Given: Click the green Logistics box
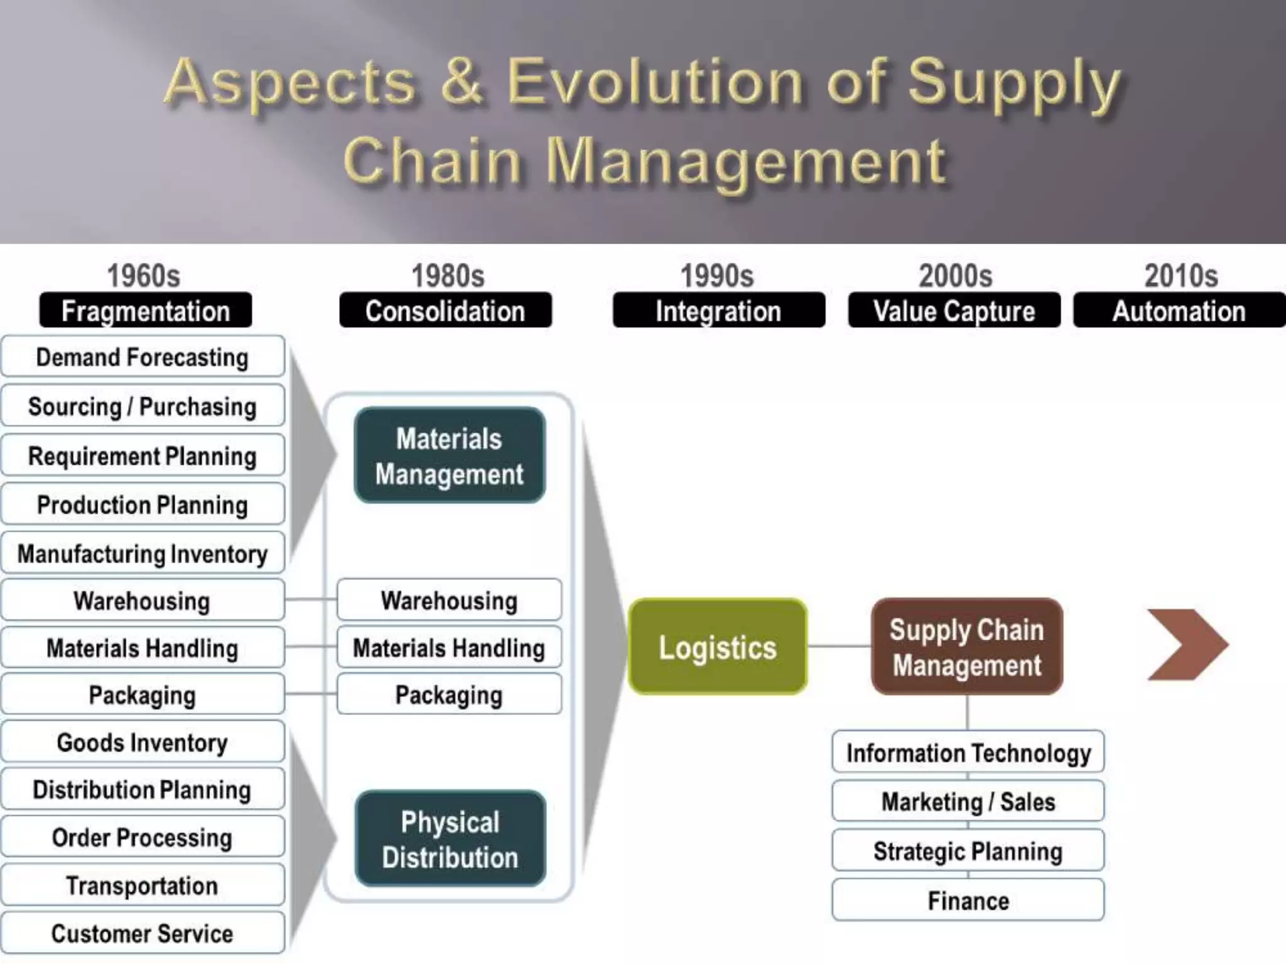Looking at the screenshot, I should coord(718,646).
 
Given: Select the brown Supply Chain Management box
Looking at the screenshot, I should coord(967,646).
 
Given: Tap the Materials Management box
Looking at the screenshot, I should coord(450,456).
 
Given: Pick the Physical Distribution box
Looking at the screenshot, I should coord(450,839).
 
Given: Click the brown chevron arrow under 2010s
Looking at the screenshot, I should coord(1186,645).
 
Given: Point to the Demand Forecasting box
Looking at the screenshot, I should coord(143,356).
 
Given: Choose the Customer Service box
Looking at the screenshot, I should coord(143,933).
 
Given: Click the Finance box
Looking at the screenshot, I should coord(968,901).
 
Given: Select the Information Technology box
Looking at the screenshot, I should coord(968,752).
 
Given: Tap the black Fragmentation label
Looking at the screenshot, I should coord(146,311).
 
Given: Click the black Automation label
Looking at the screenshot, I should coord(1179,311).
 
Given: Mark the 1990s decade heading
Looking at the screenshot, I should coord(716,276).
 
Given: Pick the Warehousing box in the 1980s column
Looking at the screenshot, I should coord(450,600).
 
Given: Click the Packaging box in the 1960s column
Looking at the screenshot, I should coord(143,695).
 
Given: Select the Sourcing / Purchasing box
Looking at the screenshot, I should coord(143,406).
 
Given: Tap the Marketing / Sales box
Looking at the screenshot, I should coord(968,801).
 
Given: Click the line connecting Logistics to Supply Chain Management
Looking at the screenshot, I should coord(839,646).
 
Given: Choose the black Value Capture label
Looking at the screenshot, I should coord(954,311).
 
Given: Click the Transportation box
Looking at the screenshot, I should coord(143,886).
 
